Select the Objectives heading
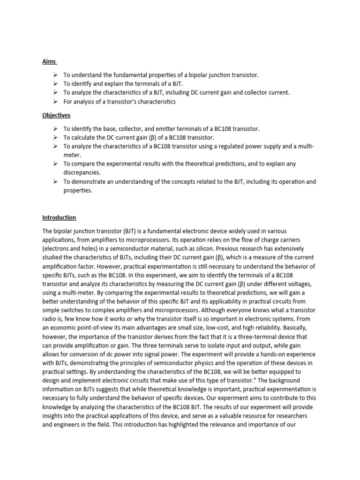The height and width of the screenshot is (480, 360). point(57,115)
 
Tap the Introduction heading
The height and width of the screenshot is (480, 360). point(59,217)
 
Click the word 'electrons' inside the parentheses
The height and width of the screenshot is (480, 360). point(58,248)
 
